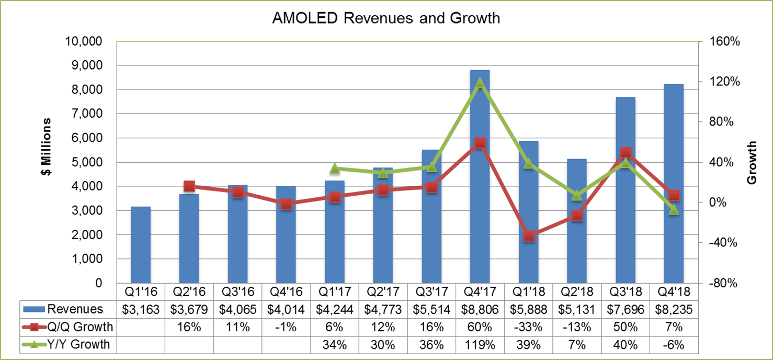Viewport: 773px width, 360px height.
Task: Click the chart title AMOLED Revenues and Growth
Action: click(x=386, y=18)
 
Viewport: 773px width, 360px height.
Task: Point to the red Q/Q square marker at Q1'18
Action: click(x=529, y=236)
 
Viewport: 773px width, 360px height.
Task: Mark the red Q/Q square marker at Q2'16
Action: click(x=189, y=186)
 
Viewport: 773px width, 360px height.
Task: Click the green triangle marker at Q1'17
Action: click(x=335, y=168)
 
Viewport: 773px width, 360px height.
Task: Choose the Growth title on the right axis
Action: click(x=752, y=163)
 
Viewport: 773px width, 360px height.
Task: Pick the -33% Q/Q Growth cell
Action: click(x=529, y=327)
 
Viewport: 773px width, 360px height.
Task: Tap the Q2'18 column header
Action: click(x=577, y=291)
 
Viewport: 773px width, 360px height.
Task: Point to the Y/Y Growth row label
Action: click(x=78, y=344)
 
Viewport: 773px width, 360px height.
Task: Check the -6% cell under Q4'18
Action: click(x=674, y=344)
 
